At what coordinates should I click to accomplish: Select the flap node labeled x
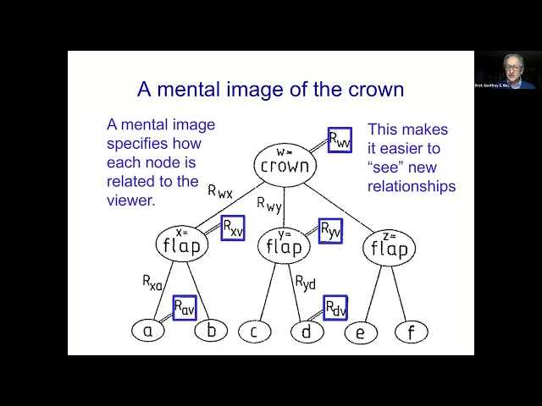click(x=181, y=244)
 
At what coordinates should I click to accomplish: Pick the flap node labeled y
click(x=284, y=245)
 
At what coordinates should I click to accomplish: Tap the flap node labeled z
click(x=389, y=248)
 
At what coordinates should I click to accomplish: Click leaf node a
click(x=147, y=331)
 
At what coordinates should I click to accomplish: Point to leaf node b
click(x=211, y=331)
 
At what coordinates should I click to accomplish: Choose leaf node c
click(x=253, y=332)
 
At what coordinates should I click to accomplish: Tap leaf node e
click(x=360, y=332)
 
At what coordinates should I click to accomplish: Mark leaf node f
click(x=412, y=332)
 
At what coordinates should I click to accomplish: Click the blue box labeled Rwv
click(x=339, y=140)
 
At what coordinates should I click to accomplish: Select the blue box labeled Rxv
click(x=232, y=228)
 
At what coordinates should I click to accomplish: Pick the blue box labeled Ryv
click(x=330, y=231)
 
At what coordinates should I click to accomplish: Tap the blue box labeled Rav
click(x=184, y=308)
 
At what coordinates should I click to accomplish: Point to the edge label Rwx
click(x=220, y=191)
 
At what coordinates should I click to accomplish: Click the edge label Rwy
click(x=270, y=204)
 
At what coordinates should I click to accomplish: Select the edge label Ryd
click(x=306, y=282)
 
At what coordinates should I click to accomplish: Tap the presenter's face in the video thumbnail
click(x=511, y=68)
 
